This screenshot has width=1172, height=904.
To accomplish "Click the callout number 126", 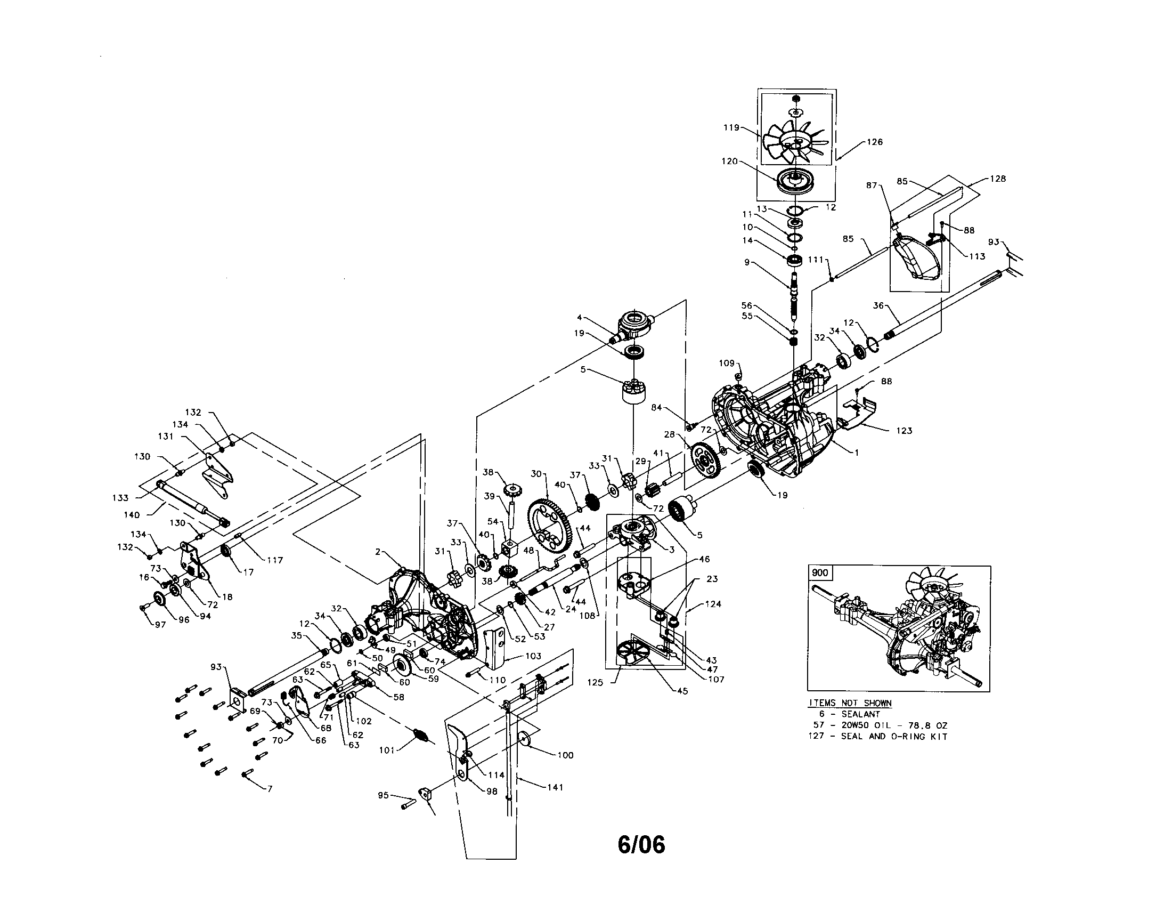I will (874, 142).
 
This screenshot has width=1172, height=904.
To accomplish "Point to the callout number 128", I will (998, 179).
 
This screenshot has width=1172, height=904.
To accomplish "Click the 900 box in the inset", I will (820, 573).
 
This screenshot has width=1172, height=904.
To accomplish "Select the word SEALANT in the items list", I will (860, 714).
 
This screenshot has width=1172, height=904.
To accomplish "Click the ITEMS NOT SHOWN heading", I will (850, 703).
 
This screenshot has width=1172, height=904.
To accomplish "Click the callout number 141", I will (555, 787).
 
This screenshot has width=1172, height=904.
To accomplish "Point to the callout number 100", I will (565, 755).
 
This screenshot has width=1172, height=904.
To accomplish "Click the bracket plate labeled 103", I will (495, 651).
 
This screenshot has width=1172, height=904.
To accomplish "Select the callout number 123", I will (904, 431).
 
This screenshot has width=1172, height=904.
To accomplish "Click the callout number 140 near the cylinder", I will (132, 515).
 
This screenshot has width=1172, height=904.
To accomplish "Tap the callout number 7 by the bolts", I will (270, 788).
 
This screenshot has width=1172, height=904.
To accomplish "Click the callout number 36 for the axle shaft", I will (878, 305).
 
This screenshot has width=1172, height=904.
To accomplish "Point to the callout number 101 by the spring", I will (387, 750).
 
